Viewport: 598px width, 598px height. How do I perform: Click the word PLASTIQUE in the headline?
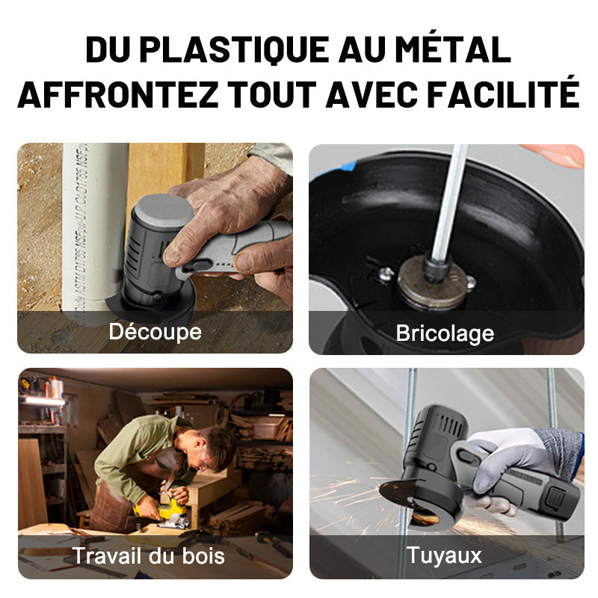point(234,49)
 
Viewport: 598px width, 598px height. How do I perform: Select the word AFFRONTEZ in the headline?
point(118,94)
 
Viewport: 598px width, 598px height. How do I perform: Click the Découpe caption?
point(155,331)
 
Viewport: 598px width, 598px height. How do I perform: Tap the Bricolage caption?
point(445,333)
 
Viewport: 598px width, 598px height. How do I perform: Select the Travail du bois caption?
point(149,555)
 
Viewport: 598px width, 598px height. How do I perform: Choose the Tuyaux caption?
point(444,555)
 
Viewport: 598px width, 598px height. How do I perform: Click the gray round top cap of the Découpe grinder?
point(163,209)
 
